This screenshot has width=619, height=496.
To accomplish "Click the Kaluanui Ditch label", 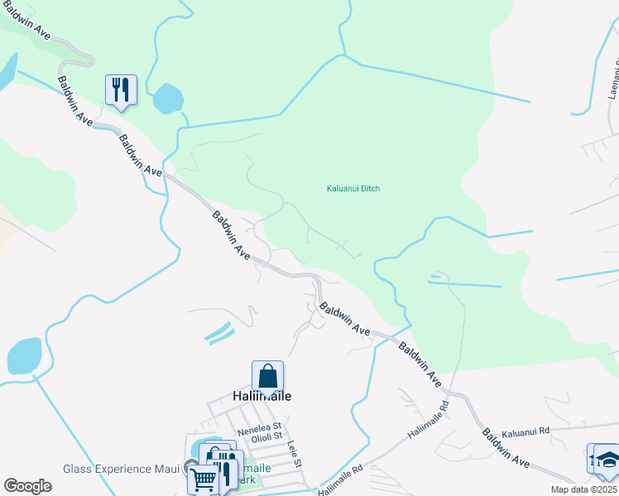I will click(x=353, y=188).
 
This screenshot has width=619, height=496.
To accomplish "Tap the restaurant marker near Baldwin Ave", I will click(x=121, y=90).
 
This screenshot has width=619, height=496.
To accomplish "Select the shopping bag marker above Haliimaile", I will click(x=268, y=377).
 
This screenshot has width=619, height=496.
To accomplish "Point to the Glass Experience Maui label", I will click(x=121, y=469).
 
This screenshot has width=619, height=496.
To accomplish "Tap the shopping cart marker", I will click(x=202, y=479).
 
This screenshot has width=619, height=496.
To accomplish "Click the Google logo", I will click(x=27, y=486).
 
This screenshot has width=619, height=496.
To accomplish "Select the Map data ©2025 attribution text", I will click(x=584, y=489).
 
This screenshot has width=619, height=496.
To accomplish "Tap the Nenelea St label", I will click(x=260, y=432).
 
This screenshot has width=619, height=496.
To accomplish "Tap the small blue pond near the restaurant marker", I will click(x=168, y=99).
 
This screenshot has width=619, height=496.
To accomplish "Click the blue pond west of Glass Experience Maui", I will click(x=24, y=355).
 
